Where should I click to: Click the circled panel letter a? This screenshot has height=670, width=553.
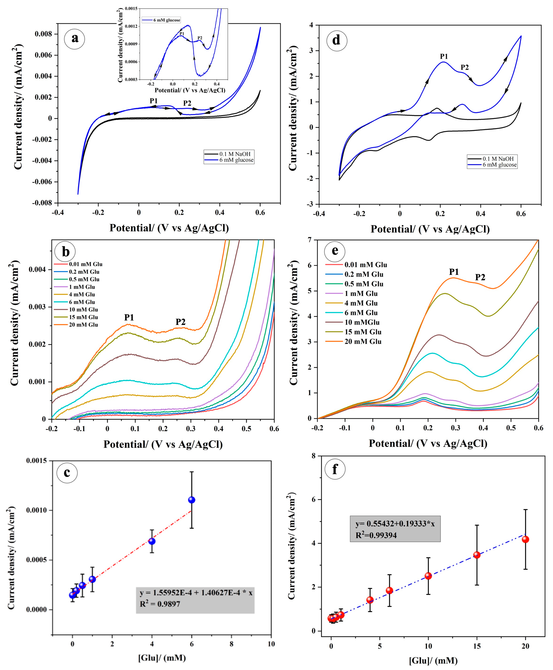pos(74,39)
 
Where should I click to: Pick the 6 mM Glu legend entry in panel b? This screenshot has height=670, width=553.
pos(82,302)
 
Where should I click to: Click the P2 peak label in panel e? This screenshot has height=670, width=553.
pos(480,277)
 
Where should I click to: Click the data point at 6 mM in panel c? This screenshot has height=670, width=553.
pos(191,500)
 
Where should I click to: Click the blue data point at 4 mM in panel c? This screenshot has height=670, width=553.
pos(152,541)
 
